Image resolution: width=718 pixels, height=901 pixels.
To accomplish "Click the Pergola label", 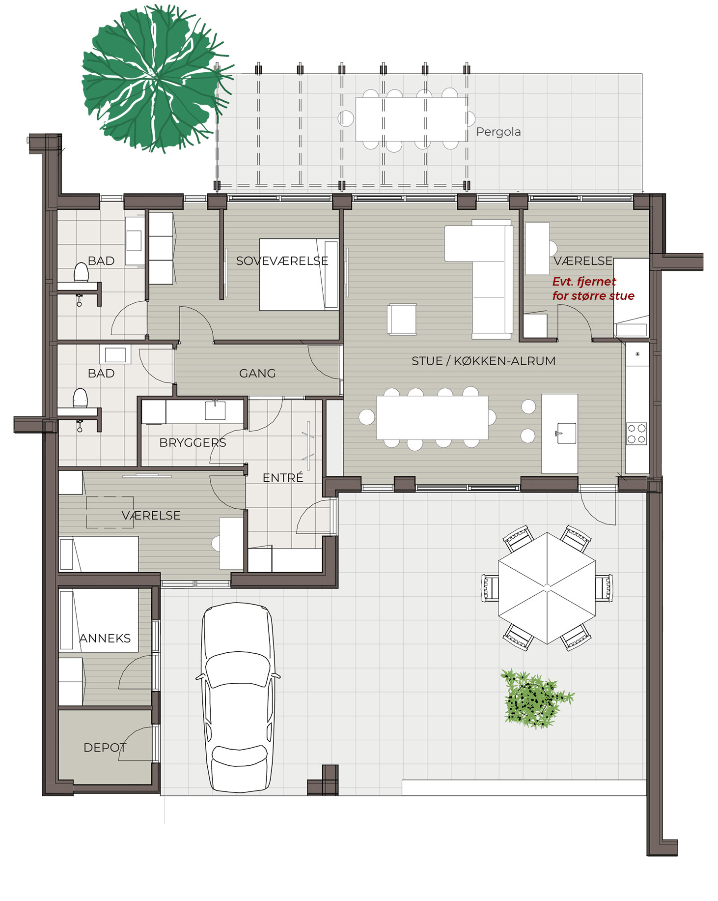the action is (x=498, y=132).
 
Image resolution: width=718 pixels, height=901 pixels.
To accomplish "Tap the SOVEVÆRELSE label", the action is (x=282, y=261).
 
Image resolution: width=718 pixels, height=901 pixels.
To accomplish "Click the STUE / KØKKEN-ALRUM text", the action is (x=483, y=361).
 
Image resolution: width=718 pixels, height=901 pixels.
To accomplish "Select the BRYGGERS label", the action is (x=193, y=442).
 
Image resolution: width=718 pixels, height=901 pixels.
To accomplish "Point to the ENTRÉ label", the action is (x=283, y=477).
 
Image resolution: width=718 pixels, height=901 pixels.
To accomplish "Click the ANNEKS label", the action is (x=105, y=638).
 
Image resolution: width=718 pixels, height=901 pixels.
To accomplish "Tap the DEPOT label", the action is (x=105, y=748).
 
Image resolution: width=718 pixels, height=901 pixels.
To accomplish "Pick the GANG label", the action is (x=257, y=374).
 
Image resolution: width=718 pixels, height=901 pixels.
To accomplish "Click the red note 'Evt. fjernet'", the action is (x=584, y=282).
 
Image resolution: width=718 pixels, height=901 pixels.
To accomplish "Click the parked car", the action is (x=238, y=698).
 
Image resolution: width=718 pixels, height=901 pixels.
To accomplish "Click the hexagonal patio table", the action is (x=547, y=588).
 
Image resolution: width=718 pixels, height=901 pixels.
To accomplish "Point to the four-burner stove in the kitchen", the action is (x=636, y=434).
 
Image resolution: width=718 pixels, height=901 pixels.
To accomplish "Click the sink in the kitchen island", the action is (x=566, y=433).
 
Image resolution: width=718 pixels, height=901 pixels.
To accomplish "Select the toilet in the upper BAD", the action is (x=81, y=272).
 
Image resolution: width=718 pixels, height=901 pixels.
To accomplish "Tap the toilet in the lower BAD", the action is (x=81, y=398).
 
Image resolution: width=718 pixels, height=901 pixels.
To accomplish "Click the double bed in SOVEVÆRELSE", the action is (x=299, y=274).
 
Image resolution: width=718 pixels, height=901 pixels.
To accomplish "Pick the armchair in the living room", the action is (x=402, y=320).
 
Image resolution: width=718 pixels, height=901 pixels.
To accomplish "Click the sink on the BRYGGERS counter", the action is (x=215, y=410).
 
